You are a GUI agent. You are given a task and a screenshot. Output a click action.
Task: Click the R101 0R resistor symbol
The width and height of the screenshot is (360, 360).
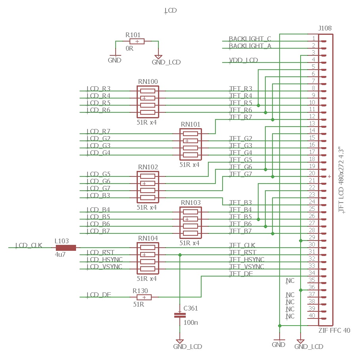point(137,41)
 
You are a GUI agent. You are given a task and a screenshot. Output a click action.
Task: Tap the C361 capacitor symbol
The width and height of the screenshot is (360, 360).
point(180,315)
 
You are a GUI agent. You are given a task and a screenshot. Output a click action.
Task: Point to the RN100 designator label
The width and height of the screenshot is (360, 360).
point(148,82)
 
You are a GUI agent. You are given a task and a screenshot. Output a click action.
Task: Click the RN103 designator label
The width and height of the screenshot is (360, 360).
point(190,203)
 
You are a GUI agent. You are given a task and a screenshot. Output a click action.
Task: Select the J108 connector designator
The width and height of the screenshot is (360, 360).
point(325,28)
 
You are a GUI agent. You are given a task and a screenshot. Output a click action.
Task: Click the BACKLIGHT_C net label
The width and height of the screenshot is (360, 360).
point(250,39)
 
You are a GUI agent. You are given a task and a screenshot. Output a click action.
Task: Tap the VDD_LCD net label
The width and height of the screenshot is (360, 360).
point(244,60)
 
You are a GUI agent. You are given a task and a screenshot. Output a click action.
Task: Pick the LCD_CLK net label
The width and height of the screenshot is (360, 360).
point(29,245)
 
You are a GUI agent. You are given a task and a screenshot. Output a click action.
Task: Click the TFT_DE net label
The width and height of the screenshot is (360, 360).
point(241,274)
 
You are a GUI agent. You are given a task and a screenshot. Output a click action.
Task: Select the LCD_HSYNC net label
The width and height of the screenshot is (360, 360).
point(105,260)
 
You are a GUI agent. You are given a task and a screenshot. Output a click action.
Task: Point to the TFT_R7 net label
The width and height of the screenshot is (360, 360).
point(240,117)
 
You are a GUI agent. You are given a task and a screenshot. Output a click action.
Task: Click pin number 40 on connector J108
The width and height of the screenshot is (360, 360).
point(312,316)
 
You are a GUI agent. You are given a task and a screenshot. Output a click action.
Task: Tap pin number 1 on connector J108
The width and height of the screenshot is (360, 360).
point(313,38)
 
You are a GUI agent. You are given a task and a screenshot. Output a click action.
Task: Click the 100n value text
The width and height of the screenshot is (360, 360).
point(190,323)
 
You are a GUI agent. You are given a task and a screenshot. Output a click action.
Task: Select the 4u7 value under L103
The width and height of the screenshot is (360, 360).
point(60,255)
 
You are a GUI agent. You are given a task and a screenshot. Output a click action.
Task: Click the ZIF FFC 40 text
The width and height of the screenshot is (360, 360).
point(334,330)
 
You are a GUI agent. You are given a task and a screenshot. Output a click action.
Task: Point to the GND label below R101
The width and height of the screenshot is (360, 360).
point(114,61)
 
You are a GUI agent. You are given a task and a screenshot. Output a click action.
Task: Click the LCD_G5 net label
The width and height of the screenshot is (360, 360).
point(99,174)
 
